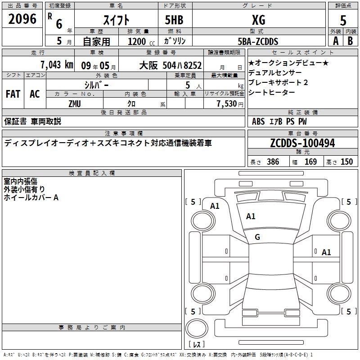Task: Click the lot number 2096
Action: (x=22, y=19)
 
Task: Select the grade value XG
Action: (x=258, y=20)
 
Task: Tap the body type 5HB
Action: (x=174, y=20)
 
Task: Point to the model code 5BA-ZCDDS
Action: (x=258, y=41)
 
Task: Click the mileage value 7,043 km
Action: (x=57, y=65)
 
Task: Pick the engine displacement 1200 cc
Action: (x=141, y=41)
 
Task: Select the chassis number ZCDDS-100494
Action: (x=302, y=143)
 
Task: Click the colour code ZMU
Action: (x=75, y=104)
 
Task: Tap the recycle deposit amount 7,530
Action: (x=227, y=103)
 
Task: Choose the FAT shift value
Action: (x=13, y=94)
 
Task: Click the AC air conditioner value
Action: (x=35, y=94)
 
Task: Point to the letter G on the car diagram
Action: (x=257, y=237)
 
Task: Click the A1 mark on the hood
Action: (x=251, y=216)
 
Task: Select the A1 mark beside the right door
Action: (x=326, y=252)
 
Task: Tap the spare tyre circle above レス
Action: (x=197, y=328)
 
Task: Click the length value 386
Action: (x=273, y=162)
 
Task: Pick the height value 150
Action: (x=346, y=162)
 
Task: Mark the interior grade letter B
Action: (x=350, y=41)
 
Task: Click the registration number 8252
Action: (x=193, y=65)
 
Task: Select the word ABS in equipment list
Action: (x=258, y=121)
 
